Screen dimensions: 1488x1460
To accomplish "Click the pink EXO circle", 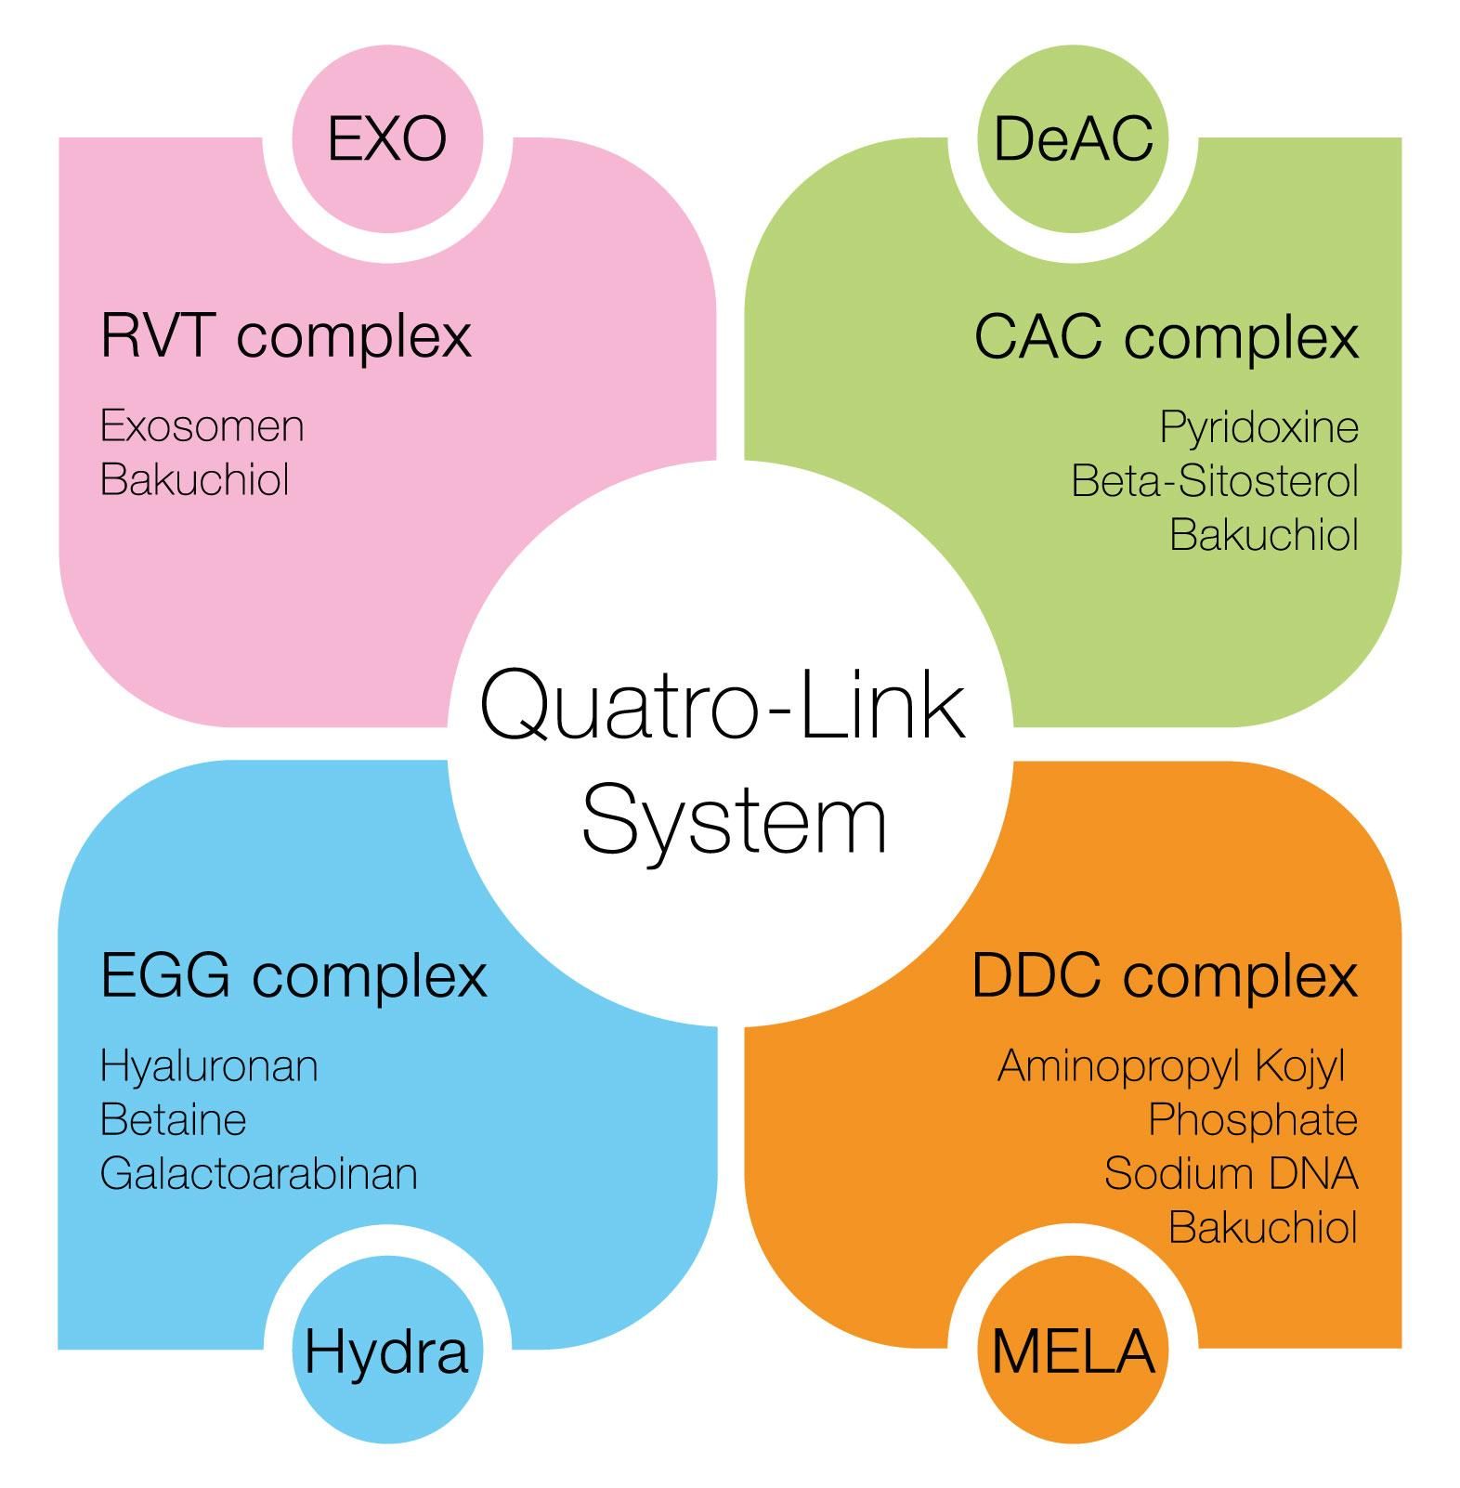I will click(x=387, y=138).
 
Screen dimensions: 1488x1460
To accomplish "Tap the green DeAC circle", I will click(x=1073, y=138).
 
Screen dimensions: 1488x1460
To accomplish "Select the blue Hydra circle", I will click(x=386, y=1351).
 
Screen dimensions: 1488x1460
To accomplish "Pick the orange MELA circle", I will click(x=1073, y=1351).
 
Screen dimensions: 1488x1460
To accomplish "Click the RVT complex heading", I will click(x=286, y=335).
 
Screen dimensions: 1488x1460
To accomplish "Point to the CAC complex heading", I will click(x=1166, y=337).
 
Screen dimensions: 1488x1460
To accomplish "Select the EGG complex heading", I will click(x=293, y=975).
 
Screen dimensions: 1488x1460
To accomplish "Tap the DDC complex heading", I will click(x=1164, y=976).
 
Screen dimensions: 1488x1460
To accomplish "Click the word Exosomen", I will click(x=202, y=426).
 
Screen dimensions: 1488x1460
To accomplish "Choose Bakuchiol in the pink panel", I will click(x=195, y=480).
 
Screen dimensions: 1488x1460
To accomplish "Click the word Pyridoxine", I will click(x=1258, y=427).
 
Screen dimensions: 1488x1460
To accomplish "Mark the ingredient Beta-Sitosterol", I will click(x=1214, y=481).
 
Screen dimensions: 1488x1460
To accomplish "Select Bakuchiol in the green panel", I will click(x=1263, y=535).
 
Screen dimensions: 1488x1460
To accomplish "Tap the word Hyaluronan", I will click(x=209, y=1066).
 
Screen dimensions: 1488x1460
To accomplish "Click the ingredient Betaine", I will click(x=173, y=1119).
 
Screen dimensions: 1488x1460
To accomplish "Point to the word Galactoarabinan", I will click(x=258, y=1173).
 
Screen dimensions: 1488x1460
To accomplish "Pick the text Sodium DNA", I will click(x=1231, y=1173).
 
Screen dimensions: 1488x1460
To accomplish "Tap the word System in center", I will click(x=734, y=822).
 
